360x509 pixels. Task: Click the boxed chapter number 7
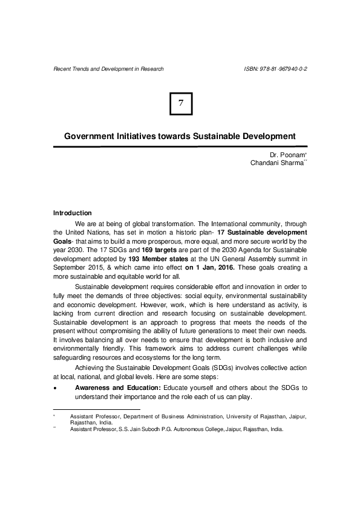coord(180,104)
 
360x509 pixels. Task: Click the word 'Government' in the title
coord(90,136)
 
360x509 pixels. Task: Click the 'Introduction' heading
coord(73,213)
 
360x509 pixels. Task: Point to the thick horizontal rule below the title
coord(180,146)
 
